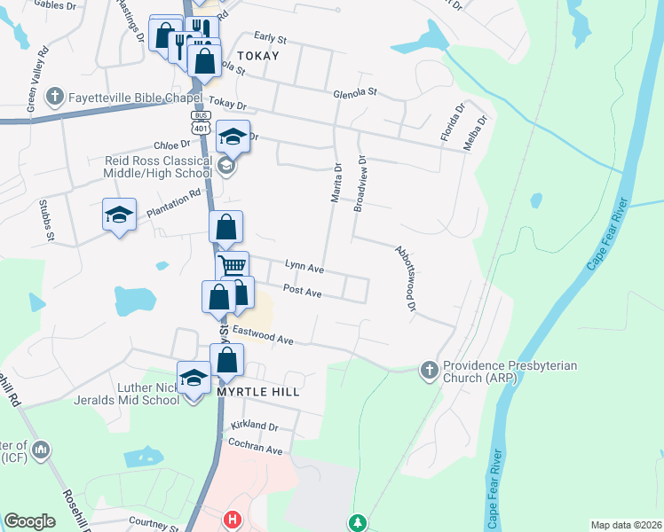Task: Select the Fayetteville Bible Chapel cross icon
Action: [x=54, y=96]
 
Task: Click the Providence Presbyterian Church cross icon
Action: [x=429, y=369]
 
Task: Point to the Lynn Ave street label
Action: [x=304, y=266]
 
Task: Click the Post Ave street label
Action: [x=302, y=290]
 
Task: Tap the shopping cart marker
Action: [x=232, y=265]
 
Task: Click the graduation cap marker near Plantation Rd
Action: [x=119, y=215]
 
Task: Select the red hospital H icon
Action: [x=233, y=520]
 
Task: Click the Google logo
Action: [x=29, y=521]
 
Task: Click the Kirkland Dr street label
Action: [x=254, y=426]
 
